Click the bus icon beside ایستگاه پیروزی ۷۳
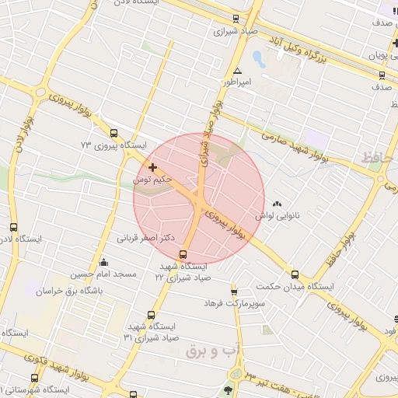tap(114, 133)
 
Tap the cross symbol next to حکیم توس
tap(152, 167)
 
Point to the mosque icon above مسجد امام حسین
tap(103, 262)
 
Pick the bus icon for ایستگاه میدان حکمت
tap(295, 274)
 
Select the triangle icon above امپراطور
tap(237, 71)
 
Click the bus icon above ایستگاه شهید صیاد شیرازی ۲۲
tap(183, 254)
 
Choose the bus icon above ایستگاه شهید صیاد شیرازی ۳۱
tap(151, 316)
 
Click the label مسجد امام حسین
tap(103, 274)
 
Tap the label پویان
tap(378, 56)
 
